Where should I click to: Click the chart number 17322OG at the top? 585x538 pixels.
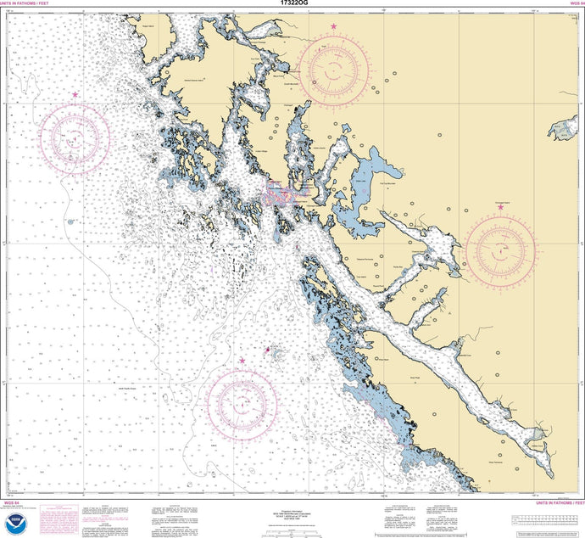292,4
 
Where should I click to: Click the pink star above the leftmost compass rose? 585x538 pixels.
75,95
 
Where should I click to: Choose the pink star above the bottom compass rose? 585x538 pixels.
242,361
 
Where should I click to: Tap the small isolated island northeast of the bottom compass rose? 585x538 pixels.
270,349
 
